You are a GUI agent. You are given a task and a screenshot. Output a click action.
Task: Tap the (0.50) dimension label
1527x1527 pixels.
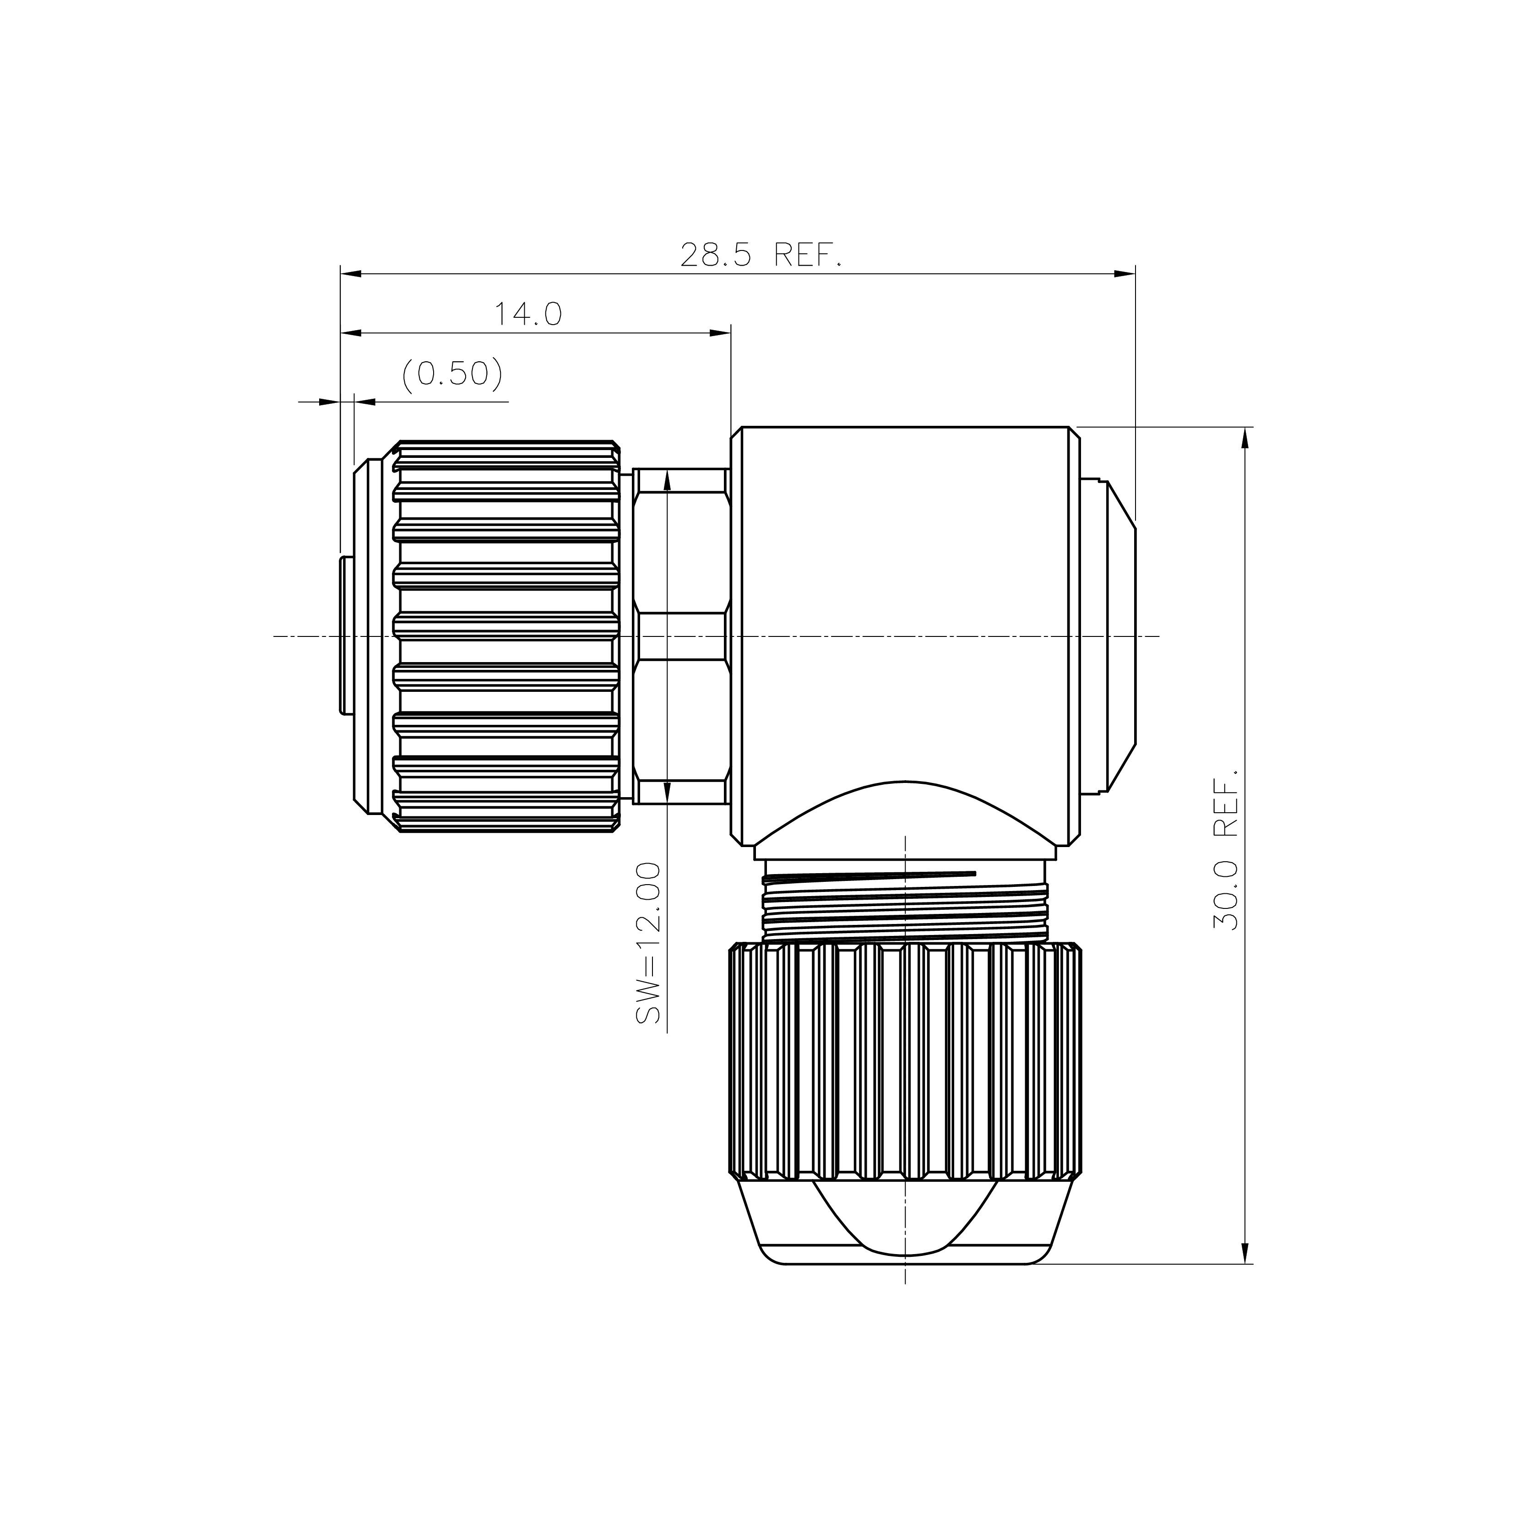point(452,374)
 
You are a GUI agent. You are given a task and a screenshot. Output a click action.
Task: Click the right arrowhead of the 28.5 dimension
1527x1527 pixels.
point(1125,274)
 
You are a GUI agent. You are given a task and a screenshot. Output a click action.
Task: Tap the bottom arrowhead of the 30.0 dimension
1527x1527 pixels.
point(1245,1253)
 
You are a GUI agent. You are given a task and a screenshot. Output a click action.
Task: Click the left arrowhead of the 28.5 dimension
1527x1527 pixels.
point(351,274)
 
